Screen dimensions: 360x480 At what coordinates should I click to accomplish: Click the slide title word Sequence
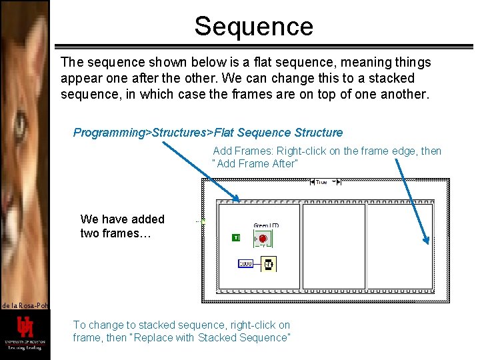pyautogui.click(x=253, y=26)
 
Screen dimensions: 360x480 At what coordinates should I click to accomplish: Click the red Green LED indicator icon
pyautogui.click(x=263, y=238)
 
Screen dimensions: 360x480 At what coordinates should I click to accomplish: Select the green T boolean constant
pyautogui.click(x=236, y=238)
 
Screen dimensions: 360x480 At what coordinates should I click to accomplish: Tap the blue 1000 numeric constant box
pyautogui.click(x=245, y=264)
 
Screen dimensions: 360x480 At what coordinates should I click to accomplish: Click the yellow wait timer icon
pyautogui.click(x=268, y=264)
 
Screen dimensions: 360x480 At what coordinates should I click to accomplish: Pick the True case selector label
pyautogui.click(x=321, y=181)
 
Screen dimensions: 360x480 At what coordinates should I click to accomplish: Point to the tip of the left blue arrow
pyautogui.click(x=238, y=199)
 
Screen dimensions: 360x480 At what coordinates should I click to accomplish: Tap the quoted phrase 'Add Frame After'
pyautogui.click(x=255, y=164)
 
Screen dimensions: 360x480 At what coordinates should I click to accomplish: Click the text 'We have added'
pyautogui.click(x=122, y=219)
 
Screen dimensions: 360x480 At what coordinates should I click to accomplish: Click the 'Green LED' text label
pyautogui.click(x=266, y=225)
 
